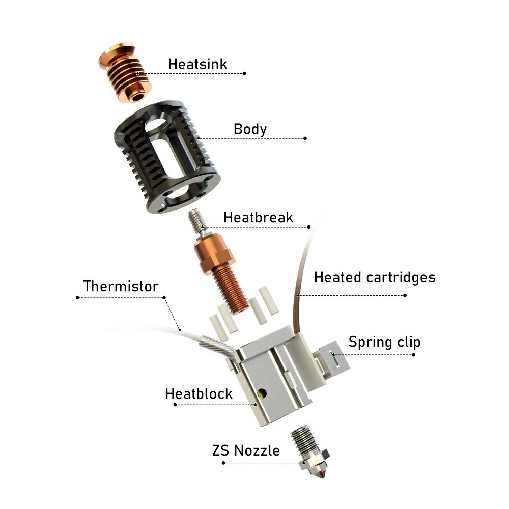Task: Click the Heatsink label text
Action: point(197,64)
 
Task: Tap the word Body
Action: point(250,129)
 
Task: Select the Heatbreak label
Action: point(258,217)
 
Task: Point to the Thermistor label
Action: point(121,286)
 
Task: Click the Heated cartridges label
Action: point(375,277)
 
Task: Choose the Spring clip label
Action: point(384,342)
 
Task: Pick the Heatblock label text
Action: point(199,393)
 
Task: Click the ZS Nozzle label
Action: point(246,450)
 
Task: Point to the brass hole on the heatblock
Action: point(262,392)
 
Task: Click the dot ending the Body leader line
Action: point(305,138)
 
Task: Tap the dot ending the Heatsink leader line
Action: point(245,73)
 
